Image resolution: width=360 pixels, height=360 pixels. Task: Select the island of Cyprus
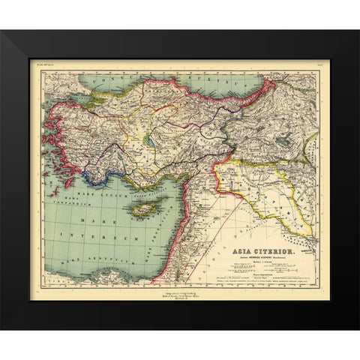coord(145,208)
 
